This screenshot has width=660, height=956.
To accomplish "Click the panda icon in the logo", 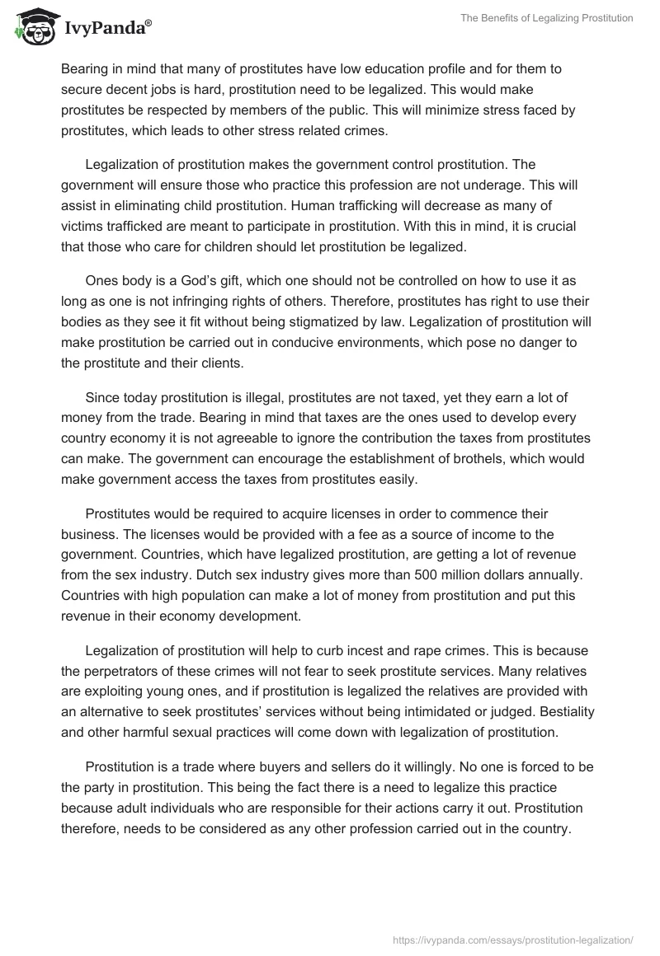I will [x=34, y=26].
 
